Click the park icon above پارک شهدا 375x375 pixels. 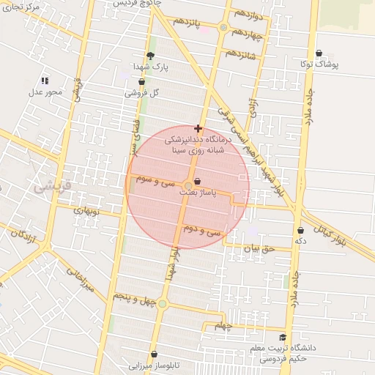click(151, 56)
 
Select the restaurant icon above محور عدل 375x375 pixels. click(45, 81)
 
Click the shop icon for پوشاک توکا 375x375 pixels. click(319, 53)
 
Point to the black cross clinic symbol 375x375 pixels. click(198, 128)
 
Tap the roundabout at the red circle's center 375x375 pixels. click(187, 185)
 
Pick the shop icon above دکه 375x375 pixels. click(300, 230)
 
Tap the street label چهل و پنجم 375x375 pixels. click(130, 296)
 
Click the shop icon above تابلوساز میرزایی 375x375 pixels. click(154, 354)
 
